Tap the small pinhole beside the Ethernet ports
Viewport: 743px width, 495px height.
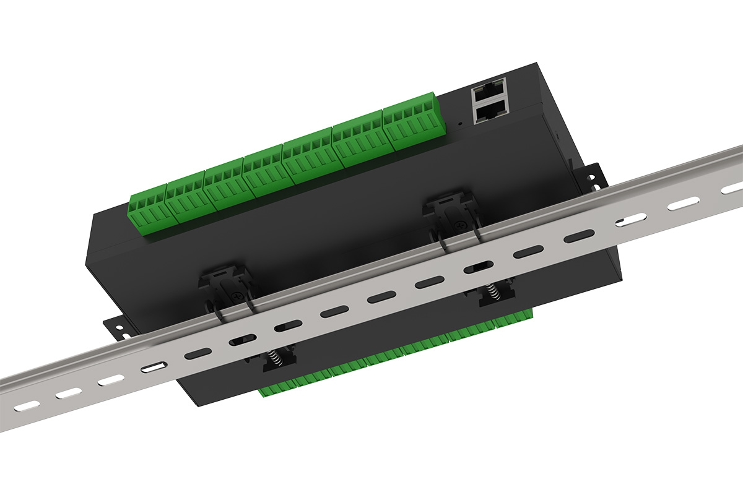pos(459,123)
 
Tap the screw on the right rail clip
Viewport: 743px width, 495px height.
pos(459,226)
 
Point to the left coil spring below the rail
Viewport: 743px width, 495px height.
pos(273,358)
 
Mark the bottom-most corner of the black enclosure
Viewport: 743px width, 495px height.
pos(197,405)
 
